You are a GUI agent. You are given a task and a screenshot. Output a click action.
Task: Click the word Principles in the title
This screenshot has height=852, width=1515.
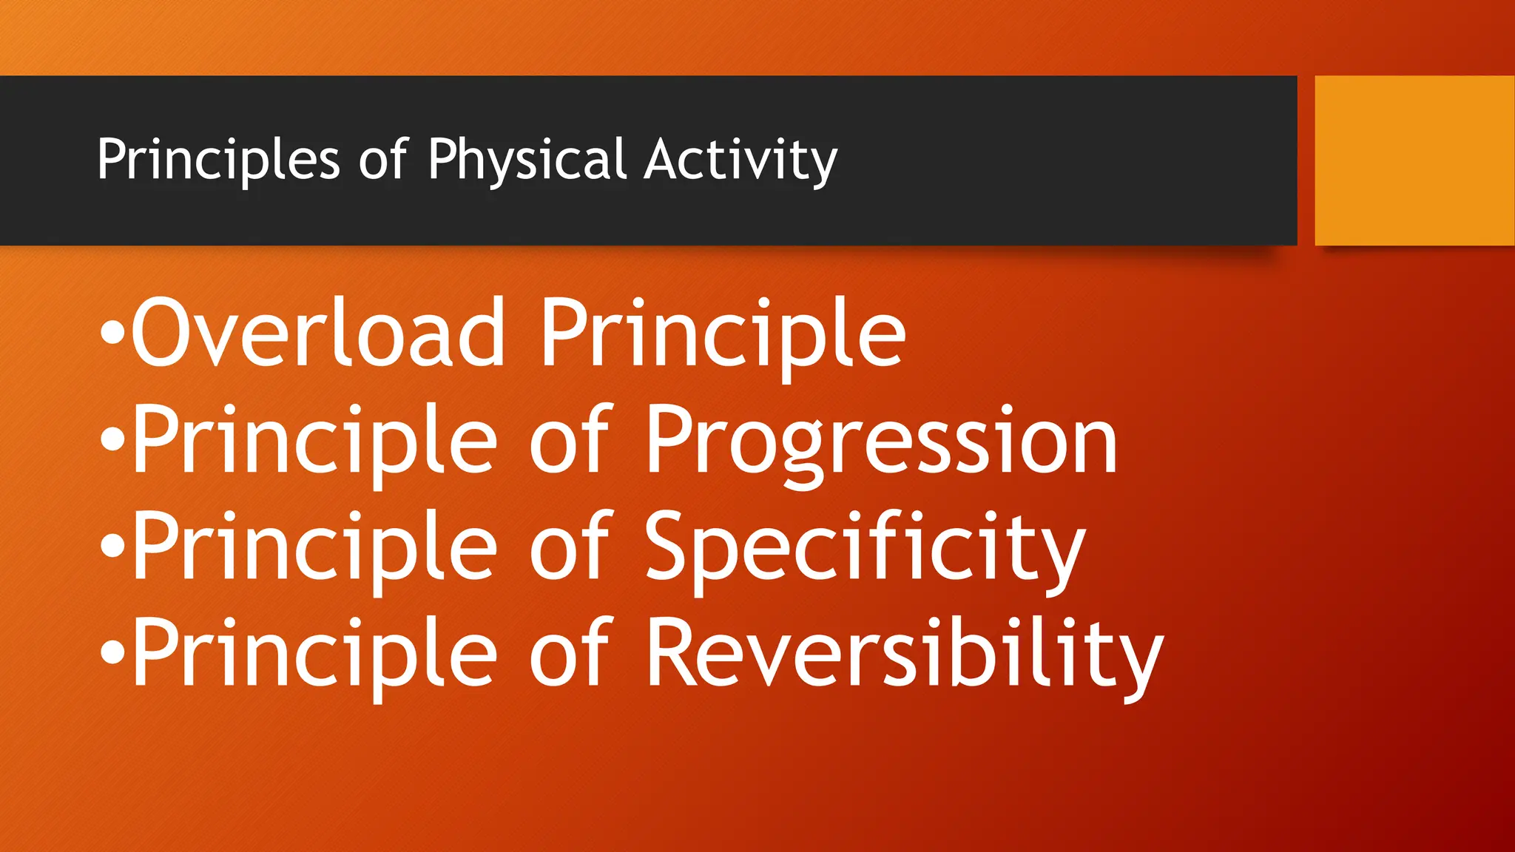(218, 160)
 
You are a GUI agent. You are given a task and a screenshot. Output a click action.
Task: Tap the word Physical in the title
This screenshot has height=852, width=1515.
(527, 160)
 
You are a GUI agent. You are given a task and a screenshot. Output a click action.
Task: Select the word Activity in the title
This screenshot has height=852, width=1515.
(740, 160)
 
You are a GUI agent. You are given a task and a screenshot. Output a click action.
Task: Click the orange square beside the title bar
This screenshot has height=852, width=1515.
(1414, 160)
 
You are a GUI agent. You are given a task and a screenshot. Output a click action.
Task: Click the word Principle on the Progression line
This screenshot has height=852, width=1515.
(314, 442)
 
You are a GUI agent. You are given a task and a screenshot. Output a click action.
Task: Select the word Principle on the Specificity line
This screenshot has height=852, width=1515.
(314, 548)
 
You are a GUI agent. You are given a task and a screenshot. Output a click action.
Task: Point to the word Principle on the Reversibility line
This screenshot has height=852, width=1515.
(314, 655)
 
